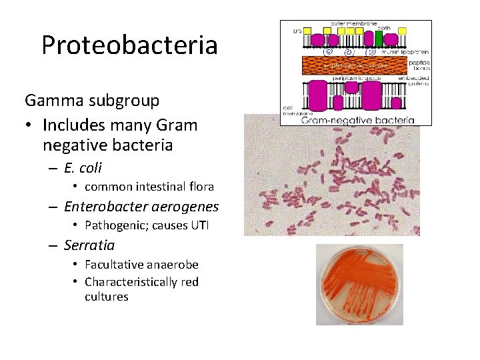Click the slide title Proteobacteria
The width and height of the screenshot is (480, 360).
pyautogui.click(x=129, y=45)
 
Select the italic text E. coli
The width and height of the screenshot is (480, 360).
pyautogui.click(x=83, y=168)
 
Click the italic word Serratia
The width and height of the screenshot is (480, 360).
pyautogui.click(x=89, y=245)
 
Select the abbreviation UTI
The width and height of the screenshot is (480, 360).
pyautogui.click(x=199, y=225)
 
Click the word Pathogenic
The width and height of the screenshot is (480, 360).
pyautogui.click(x=116, y=225)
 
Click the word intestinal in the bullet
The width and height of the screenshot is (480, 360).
pyautogui.click(x=162, y=187)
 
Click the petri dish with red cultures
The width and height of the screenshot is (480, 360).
pyautogui.click(x=359, y=283)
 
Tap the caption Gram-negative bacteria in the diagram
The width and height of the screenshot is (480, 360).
pyautogui.click(x=358, y=121)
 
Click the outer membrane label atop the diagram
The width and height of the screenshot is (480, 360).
pyautogui.click(x=353, y=24)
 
